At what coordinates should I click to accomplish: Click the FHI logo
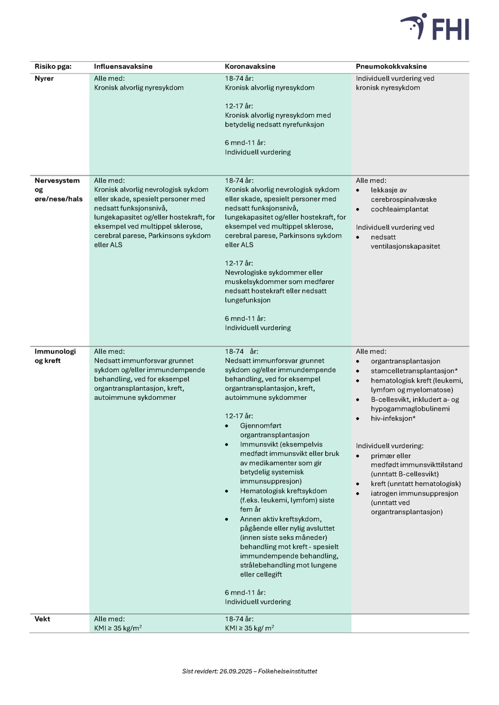click(x=435, y=27)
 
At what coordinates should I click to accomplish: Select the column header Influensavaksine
click(x=123, y=66)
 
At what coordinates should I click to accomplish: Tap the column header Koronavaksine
click(x=250, y=66)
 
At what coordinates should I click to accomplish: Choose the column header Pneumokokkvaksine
click(x=391, y=66)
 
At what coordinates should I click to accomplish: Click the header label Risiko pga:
click(x=53, y=66)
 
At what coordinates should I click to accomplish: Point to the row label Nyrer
click(x=44, y=79)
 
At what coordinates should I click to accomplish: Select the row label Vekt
click(x=42, y=619)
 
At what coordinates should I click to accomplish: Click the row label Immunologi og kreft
click(x=55, y=356)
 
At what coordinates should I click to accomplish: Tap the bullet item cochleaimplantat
click(x=399, y=209)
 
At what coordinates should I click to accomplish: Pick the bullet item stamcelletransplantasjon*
click(x=414, y=370)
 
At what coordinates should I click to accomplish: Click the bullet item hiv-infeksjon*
click(x=393, y=418)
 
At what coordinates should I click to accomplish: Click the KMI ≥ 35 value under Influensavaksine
click(x=118, y=628)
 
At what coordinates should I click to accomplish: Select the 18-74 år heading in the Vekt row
click(x=239, y=619)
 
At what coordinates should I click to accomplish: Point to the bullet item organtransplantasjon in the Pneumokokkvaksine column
click(x=405, y=361)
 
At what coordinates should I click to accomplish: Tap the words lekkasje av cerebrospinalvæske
click(x=403, y=195)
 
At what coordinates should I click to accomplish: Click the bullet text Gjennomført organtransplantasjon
click(x=274, y=430)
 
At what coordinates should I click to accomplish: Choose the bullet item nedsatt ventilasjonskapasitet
click(x=405, y=242)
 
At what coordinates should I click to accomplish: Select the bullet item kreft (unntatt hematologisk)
click(x=416, y=484)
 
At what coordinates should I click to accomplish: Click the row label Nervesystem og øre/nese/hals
click(x=58, y=190)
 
